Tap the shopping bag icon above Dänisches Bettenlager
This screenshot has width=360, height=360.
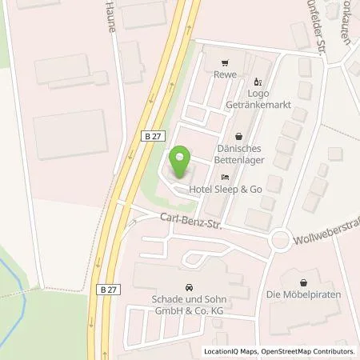point(240,136)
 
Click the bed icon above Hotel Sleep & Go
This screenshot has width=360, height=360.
point(226,176)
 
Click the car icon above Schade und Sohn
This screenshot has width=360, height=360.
point(189,286)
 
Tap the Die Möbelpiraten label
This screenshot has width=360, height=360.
point(304,295)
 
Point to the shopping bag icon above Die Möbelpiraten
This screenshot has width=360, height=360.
point(304,282)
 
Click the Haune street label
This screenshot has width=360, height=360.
point(110,18)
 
